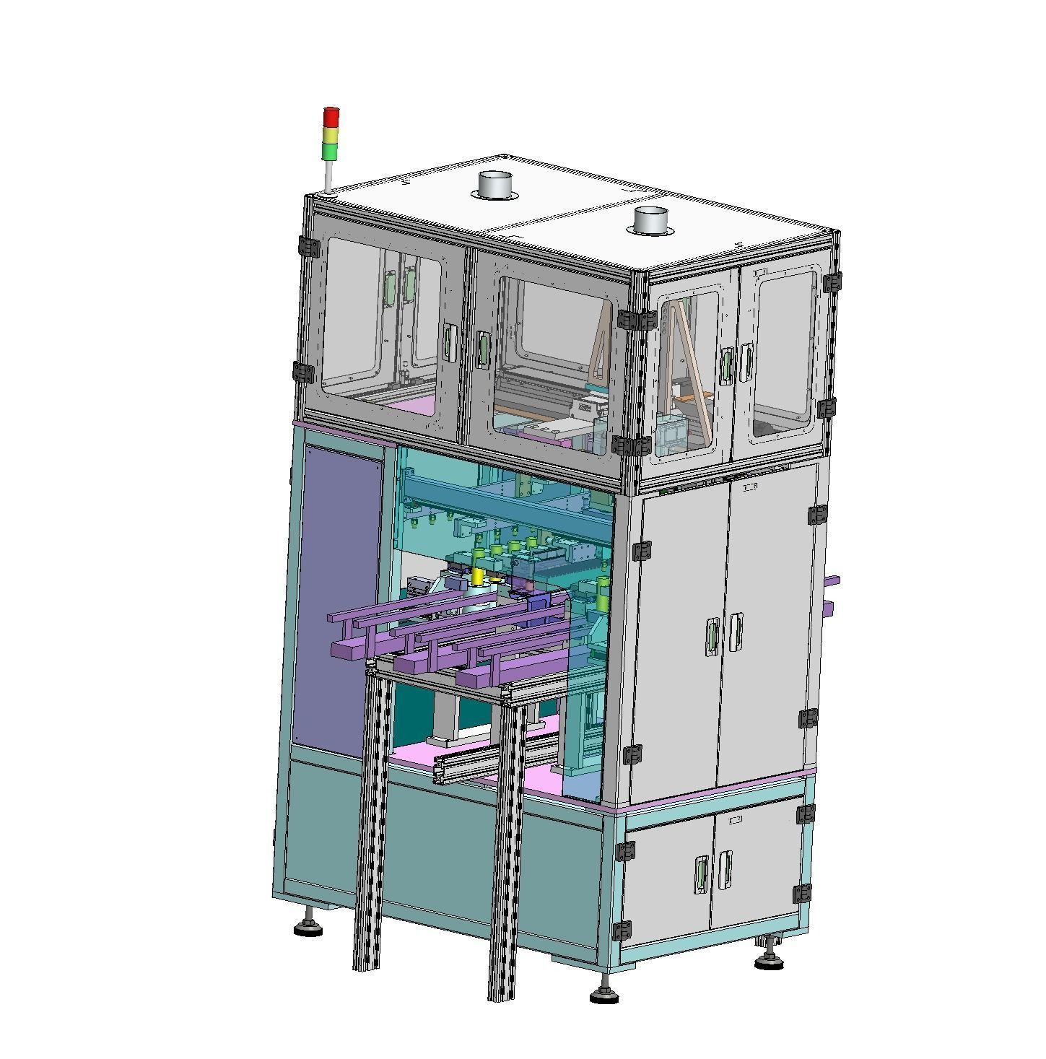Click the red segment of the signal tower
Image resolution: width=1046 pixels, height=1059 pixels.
click(331, 117)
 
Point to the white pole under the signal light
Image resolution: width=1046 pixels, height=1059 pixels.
click(328, 175)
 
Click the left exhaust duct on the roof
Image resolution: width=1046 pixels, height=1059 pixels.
click(494, 185)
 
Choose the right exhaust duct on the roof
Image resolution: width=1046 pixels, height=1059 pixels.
click(651, 220)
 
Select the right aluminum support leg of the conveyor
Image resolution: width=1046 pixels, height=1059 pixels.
click(505, 852)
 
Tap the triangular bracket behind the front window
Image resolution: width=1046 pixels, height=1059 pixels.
click(601, 347)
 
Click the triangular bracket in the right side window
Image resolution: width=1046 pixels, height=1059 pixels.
click(684, 361)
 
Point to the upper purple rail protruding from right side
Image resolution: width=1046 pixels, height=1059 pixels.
click(832, 581)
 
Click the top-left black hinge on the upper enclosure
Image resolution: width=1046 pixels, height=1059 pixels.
click(310, 247)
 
